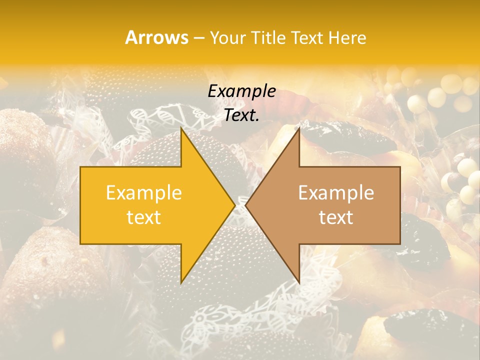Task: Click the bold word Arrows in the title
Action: click(x=157, y=37)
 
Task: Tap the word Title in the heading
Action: click(x=268, y=38)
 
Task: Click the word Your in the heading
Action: click(x=228, y=38)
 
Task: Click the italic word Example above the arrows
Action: click(x=242, y=91)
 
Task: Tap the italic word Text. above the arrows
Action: click(x=242, y=115)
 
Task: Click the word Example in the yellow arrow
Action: click(x=144, y=193)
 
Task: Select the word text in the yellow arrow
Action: click(x=144, y=217)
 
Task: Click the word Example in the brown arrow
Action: click(x=336, y=193)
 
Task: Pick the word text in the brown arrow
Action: click(x=336, y=217)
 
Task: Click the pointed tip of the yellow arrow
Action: click(x=235, y=205)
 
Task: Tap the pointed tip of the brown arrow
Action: click(x=245, y=205)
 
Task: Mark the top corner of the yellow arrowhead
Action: click(x=181, y=128)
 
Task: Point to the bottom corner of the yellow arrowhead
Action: click(x=181, y=283)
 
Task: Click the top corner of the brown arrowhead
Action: click(x=299, y=128)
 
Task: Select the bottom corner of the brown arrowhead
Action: click(x=299, y=283)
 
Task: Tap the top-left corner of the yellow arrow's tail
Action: click(x=80, y=167)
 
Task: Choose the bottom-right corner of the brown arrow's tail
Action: click(x=400, y=244)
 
